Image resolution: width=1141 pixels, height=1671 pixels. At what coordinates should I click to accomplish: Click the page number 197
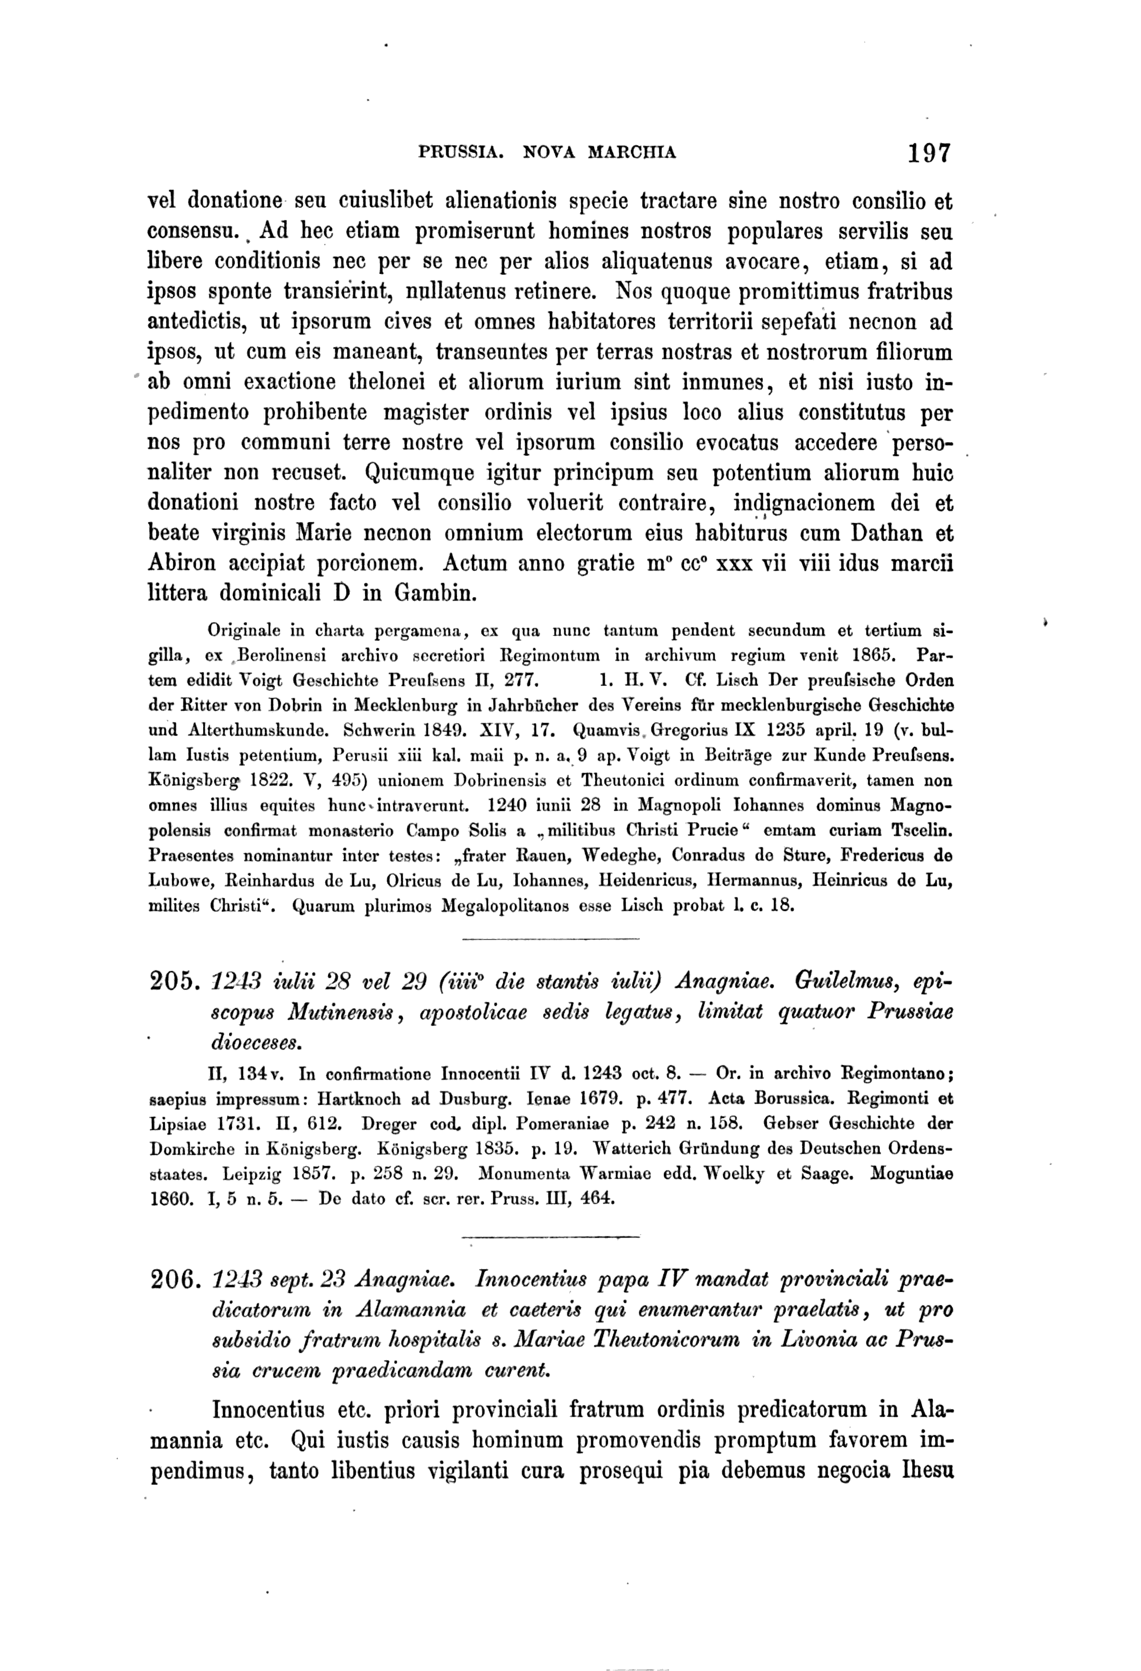click(x=929, y=153)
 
